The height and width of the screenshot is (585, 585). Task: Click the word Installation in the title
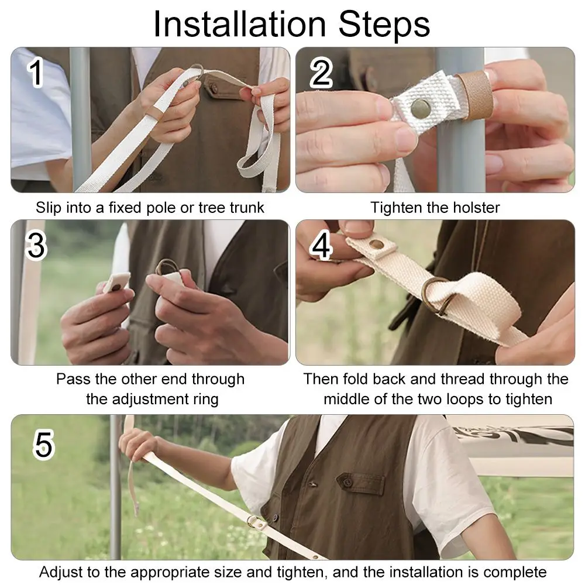[239, 24]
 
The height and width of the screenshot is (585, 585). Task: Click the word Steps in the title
[384, 24]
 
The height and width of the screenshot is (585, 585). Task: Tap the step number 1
[36, 73]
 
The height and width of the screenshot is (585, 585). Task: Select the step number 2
[321, 73]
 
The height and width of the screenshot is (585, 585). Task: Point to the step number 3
[36, 245]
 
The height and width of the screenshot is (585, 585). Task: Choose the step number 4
[321, 245]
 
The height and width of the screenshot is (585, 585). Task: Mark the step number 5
[44, 444]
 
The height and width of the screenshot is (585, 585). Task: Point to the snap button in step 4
[376, 245]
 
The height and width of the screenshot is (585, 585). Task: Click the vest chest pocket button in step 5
[347, 483]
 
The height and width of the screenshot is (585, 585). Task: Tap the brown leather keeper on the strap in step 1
[153, 112]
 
